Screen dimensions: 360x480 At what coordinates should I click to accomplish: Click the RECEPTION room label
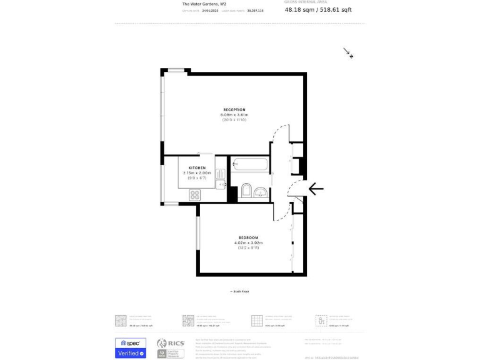[x=234, y=109]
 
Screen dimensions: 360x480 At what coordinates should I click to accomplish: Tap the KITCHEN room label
[x=197, y=167]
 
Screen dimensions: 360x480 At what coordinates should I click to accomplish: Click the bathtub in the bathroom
[x=250, y=164]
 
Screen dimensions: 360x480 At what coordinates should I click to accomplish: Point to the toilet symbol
[x=246, y=191]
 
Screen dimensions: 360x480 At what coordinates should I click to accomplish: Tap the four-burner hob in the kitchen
[x=195, y=195]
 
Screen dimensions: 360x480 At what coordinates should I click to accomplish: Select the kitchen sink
[x=220, y=183]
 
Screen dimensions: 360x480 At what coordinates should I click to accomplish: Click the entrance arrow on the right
[x=316, y=188]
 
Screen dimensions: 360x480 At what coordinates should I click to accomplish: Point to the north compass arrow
[x=348, y=53]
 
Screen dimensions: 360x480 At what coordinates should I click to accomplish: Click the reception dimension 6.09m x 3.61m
[x=234, y=114]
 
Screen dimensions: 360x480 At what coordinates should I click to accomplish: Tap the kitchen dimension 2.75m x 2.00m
[x=197, y=172]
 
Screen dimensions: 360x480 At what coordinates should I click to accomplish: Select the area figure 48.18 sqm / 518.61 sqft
[x=318, y=10]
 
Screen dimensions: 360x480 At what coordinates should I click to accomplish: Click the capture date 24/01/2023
[x=210, y=11]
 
